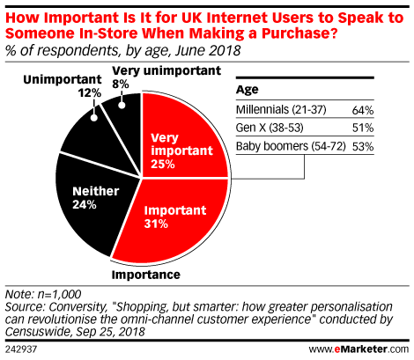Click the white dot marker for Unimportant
pos(94,118)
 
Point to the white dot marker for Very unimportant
pos(122,105)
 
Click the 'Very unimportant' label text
pos(166,70)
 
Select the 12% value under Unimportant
pos(90,93)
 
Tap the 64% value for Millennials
pos(363,110)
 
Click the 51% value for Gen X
pos(363,128)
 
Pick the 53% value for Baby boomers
pos(363,146)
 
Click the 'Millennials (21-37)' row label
pos(281,110)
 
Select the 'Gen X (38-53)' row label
pos(270,128)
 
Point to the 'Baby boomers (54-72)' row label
pos(291,146)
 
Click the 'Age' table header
pos(248,90)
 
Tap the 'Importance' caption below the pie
pos(146,275)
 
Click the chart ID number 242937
pos(21,349)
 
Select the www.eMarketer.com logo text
pos(359,349)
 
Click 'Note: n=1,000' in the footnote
pos(43,294)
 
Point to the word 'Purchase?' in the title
pos(299,33)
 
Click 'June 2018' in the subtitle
pos(208,50)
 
